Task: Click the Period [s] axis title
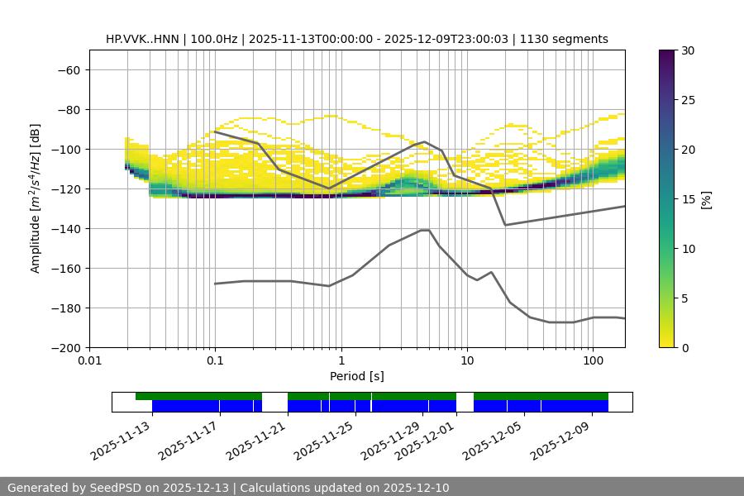coord(356,376)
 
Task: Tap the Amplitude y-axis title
coord(36,198)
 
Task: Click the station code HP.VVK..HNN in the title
coord(144,39)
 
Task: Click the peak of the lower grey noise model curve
coord(425,230)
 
